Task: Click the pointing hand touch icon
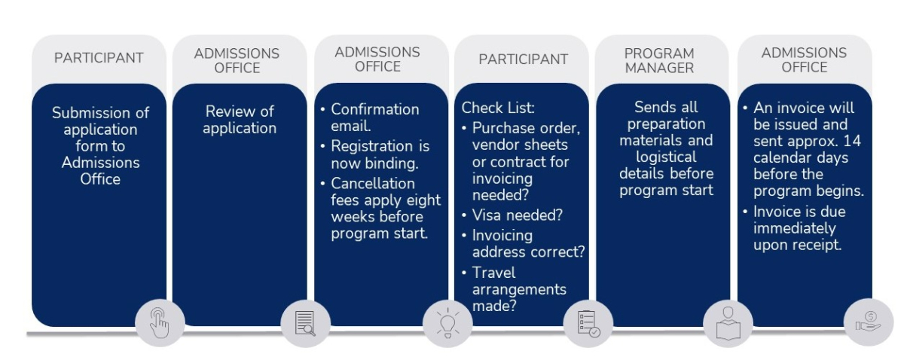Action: (160, 323)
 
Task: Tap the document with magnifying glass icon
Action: (305, 323)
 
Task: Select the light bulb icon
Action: (447, 323)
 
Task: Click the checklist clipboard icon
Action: (588, 323)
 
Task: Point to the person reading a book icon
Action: (728, 323)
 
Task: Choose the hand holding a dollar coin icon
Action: (869, 322)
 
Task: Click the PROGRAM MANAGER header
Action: (659, 60)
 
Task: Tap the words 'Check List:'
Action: (498, 108)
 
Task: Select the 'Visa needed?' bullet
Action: (517, 215)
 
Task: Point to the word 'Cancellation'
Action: (372, 183)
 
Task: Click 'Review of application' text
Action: (240, 120)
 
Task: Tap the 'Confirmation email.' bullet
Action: (375, 117)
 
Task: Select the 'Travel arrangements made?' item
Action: (519, 289)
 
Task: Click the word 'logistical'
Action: (666, 157)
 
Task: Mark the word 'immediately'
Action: (794, 228)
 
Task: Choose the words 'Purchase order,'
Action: (526, 128)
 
